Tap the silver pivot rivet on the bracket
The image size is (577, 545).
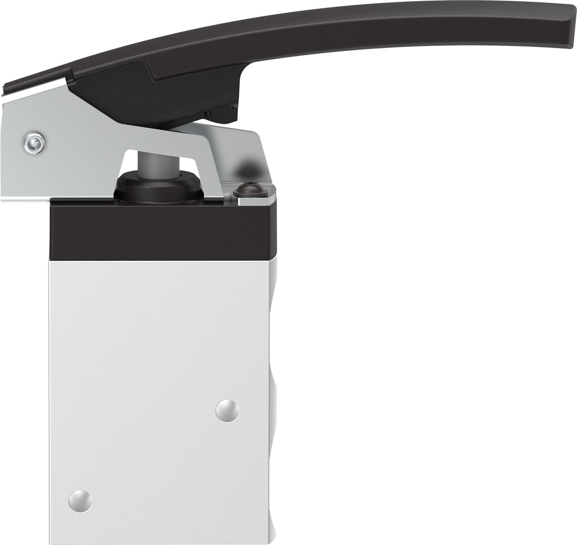pyautogui.click(x=34, y=144)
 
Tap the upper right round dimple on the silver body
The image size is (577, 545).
pyautogui.click(x=227, y=410)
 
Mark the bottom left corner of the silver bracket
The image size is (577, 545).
pyautogui.click(x=3, y=199)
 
